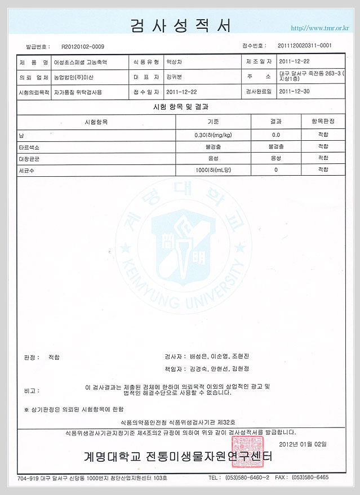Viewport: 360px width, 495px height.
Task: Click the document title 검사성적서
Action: click(180, 25)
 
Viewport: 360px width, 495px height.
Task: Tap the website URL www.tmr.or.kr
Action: click(319, 28)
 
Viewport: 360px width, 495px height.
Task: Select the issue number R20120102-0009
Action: click(83, 47)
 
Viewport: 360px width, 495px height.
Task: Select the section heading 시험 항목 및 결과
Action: click(180, 106)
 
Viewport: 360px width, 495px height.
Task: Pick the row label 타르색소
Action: click(29, 146)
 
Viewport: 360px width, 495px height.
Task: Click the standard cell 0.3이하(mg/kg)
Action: click(213, 135)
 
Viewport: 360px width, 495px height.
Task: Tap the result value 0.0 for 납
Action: click(276, 135)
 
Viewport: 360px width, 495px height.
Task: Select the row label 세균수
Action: click(26, 170)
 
